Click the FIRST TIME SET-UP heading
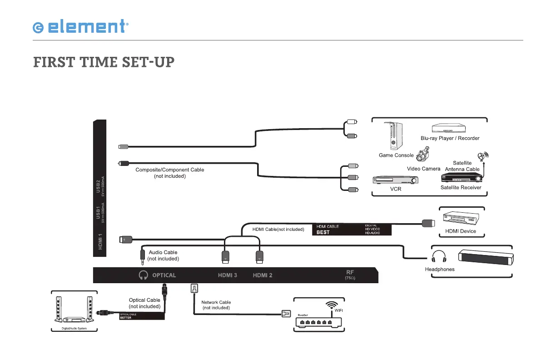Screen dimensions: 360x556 click(x=104, y=62)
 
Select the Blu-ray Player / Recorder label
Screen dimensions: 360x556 click(x=450, y=138)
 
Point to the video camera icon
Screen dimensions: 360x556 click(x=423, y=156)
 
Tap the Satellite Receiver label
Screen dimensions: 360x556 click(x=461, y=187)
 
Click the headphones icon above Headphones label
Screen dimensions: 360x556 click(x=439, y=256)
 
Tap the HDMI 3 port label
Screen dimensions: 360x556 click(x=228, y=275)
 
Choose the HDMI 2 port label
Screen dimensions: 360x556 click(x=263, y=275)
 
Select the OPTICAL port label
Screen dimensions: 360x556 click(x=164, y=275)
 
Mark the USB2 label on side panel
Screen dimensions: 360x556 click(x=99, y=186)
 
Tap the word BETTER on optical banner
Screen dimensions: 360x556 click(x=125, y=318)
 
